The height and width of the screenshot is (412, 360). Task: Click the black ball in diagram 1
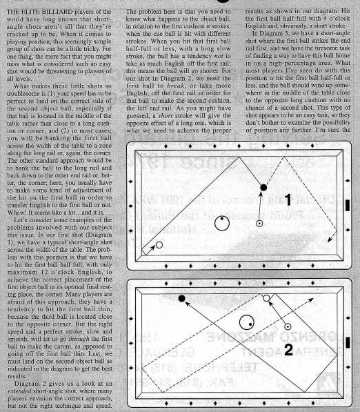click(x=263, y=187)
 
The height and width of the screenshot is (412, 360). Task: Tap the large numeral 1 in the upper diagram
click(x=288, y=200)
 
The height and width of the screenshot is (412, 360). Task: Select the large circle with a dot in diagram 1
click(x=222, y=224)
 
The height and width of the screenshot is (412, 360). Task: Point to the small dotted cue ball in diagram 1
click(x=259, y=224)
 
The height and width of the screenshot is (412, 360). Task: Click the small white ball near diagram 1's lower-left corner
click(x=159, y=245)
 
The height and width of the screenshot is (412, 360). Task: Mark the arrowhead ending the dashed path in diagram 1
click(x=330, y=239)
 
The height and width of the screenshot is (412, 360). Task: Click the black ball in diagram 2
click(x=181, y=298)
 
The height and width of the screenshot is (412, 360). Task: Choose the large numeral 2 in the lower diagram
click(x=288, y=350)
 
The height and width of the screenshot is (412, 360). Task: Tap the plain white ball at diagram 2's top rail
click(x=266, y=298)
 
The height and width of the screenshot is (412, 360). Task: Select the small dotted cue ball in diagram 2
click(x=288, y=327)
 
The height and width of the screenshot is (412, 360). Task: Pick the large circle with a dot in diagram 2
click(x=247, y=322)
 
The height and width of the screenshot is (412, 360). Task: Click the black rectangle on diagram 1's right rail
click(x=348, y=205)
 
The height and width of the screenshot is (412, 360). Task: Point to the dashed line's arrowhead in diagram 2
click(x=310, y=300)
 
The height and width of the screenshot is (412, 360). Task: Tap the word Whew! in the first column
click(x=17, y=213)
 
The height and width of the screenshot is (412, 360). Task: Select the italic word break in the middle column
click(x=176, y=86)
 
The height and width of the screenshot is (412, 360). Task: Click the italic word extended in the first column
click(x=20, y=391)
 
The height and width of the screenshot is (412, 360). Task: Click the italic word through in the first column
click(x=79, y=339)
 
